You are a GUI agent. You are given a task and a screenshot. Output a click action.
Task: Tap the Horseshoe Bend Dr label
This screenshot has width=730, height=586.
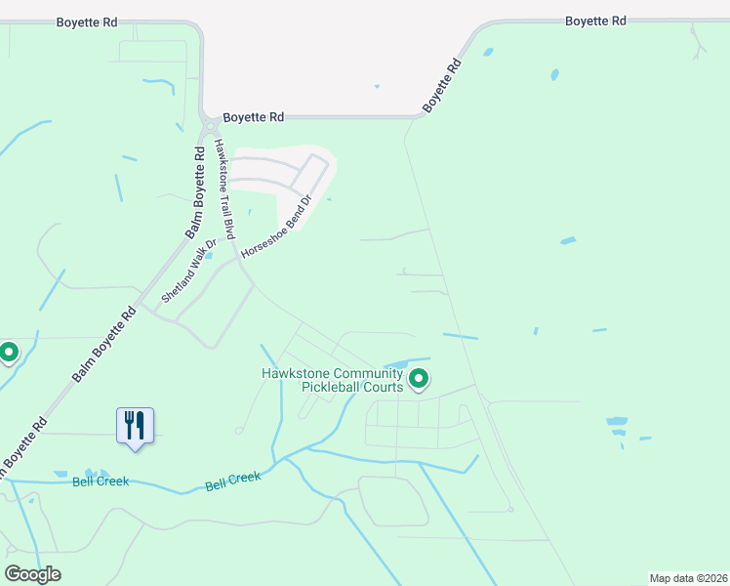(x=276, y=226)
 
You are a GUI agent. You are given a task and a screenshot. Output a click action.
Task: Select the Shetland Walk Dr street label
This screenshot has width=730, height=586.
(x=188, y=272)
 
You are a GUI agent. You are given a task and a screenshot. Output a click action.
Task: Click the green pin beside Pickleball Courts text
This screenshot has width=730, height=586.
(x=419, y=377)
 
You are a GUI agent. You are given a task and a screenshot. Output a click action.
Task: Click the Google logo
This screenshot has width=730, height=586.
(x=33, y=574)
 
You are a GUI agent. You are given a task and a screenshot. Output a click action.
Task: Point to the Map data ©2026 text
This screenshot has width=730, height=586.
(x=688, y=578)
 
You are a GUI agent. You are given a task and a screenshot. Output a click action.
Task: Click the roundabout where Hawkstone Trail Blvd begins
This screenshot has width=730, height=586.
(x=210, y=126)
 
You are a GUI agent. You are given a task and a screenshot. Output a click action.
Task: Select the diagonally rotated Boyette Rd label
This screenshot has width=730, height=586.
(x=442, y=86)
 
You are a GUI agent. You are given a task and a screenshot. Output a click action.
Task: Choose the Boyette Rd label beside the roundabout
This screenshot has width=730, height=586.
(x=253, y=117)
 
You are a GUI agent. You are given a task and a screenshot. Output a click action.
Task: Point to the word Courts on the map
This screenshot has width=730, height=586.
(x=383, y=387)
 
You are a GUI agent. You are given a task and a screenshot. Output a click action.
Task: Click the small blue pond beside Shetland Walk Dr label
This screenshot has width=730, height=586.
(x=209, y=256)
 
